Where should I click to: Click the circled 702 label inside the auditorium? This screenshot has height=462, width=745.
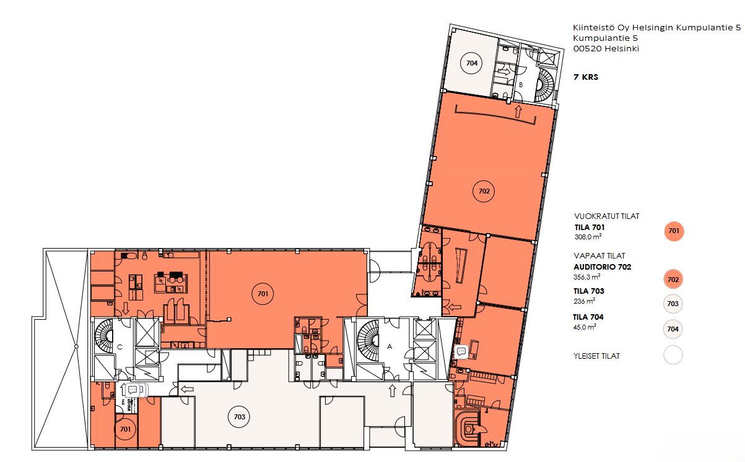coord(484,191)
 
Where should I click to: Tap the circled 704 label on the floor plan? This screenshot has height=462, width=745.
coord(472,63)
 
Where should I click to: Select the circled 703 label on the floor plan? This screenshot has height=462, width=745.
coord(239,417)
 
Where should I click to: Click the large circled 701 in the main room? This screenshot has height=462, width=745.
coord(263,294)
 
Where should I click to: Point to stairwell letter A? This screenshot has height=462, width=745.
coord(390,346)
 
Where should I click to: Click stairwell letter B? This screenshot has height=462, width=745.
coord(521,85)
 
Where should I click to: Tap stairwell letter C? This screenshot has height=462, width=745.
coord(120,347)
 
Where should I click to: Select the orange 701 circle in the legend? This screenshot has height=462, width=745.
coord(674,231)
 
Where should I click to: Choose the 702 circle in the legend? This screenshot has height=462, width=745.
coord(673,280)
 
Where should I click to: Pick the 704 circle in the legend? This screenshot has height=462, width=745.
coord(673,329)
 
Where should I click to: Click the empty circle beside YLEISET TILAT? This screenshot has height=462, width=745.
coord(673,355)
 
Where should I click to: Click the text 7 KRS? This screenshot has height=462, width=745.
coord(586,77)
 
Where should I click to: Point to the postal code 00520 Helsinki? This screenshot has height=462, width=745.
coord(606,48)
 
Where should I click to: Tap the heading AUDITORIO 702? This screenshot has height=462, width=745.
coord(603,267)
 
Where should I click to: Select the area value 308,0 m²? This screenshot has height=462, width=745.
coord(588,237)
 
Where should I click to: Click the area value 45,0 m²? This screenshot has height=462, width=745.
coord(585,327)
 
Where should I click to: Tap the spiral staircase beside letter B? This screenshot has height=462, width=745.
coord(545,85)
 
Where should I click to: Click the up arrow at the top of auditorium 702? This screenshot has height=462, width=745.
coord(518,111)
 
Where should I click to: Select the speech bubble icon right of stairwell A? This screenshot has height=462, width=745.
coord(461,351)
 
